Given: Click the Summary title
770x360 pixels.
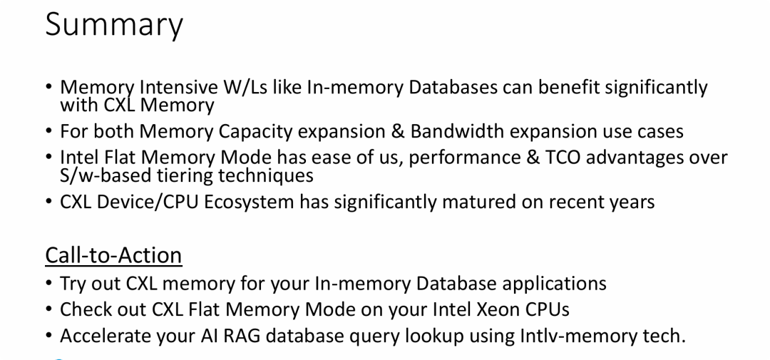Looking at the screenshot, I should coord(114,26).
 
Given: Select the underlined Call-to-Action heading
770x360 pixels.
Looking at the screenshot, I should coord(113,254).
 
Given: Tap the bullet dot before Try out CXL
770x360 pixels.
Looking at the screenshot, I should coord(50,284).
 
